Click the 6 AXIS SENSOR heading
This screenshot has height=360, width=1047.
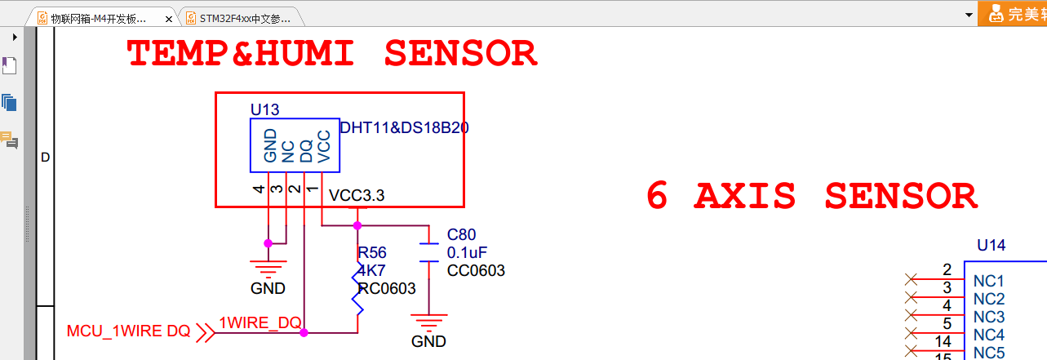(811, 197)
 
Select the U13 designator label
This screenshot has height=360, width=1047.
(265, 109)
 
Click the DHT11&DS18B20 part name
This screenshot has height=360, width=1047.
(405, 128)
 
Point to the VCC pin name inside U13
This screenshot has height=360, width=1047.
(324, 146)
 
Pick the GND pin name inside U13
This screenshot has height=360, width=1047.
(270, 146)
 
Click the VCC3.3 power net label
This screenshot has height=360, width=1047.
(357, 196)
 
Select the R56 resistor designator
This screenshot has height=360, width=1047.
(372, 252)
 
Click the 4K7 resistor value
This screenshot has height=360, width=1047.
(372, 270)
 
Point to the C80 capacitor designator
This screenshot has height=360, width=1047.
(461, 235)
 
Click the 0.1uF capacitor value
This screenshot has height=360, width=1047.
(467, 253)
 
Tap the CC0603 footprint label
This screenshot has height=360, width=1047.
(476, 271)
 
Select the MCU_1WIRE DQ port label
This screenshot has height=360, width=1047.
(128, 331)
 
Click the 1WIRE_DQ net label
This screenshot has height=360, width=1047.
(260, 323)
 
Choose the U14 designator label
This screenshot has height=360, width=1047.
(992, 245)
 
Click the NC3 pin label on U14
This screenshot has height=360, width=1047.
(989, 317)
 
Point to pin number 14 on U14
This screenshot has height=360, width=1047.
(943, 341)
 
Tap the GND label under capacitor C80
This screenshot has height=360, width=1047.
(428, 341)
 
